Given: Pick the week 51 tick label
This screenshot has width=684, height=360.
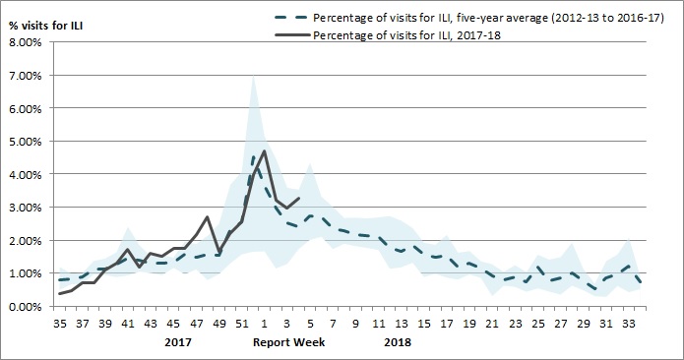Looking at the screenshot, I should pyautogui.click(x=242, y=322).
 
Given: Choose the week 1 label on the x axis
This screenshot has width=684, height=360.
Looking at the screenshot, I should pyautogui.click(x=265, y=322).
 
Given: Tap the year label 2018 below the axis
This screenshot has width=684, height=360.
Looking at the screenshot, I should pyautogui.click(x=398, y=344).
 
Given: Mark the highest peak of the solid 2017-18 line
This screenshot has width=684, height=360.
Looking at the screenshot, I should pyautogui.click(x=265, y=150).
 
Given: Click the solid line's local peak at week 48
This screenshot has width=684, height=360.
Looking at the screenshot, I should pyautogui.click(x=208, y=216).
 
